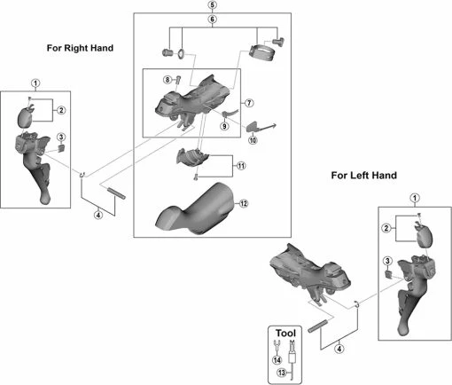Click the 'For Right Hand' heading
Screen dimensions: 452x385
(80, 48)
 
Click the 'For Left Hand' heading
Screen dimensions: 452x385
(363, 175)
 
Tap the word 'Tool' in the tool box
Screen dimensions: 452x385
(285, 334)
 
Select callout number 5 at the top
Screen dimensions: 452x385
(212, 5)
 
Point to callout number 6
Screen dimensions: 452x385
(212, 20)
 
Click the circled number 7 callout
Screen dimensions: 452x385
(249, 103)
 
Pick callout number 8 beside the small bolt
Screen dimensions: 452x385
(168, 80)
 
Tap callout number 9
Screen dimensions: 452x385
(224, 126)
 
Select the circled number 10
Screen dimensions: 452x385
(253, 140)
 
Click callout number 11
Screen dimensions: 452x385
(241, 166)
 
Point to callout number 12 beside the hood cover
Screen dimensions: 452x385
(244, 203)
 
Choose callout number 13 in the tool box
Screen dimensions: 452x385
(282, 373)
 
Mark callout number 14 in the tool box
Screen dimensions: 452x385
(277, 360)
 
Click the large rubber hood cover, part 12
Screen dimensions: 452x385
(195, 210)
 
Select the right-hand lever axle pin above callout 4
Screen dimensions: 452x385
(116, 193)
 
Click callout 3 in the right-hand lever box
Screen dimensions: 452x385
(61, 137)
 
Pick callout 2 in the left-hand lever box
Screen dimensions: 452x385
(386, 228)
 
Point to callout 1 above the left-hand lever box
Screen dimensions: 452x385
(415, 198)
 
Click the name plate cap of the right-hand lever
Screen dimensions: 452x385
(26, 117)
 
